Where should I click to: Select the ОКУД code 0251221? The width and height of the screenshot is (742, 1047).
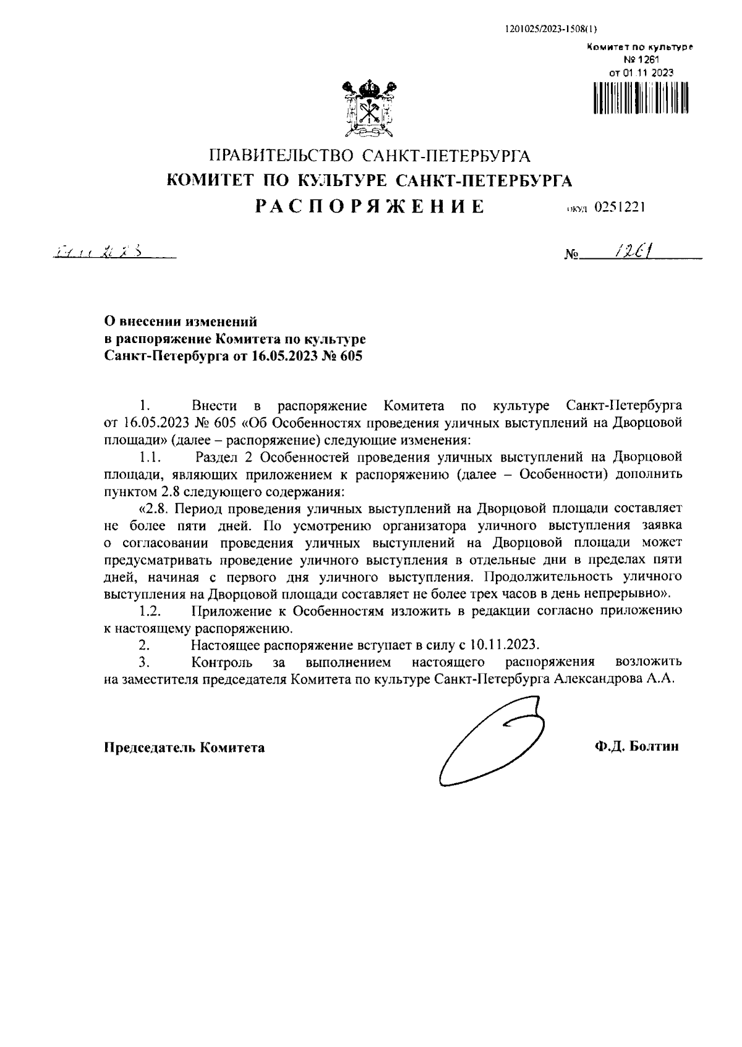click(620, 208)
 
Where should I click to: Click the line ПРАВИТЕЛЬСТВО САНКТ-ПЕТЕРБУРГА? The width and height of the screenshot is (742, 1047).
click(370, 155)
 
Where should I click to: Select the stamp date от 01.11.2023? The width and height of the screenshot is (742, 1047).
click(641, 72)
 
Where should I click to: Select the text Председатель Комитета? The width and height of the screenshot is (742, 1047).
click(184, 748)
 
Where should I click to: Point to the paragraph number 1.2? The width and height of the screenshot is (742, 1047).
click(150, 611)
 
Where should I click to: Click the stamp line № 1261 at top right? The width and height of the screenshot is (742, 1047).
click(642, 59)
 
